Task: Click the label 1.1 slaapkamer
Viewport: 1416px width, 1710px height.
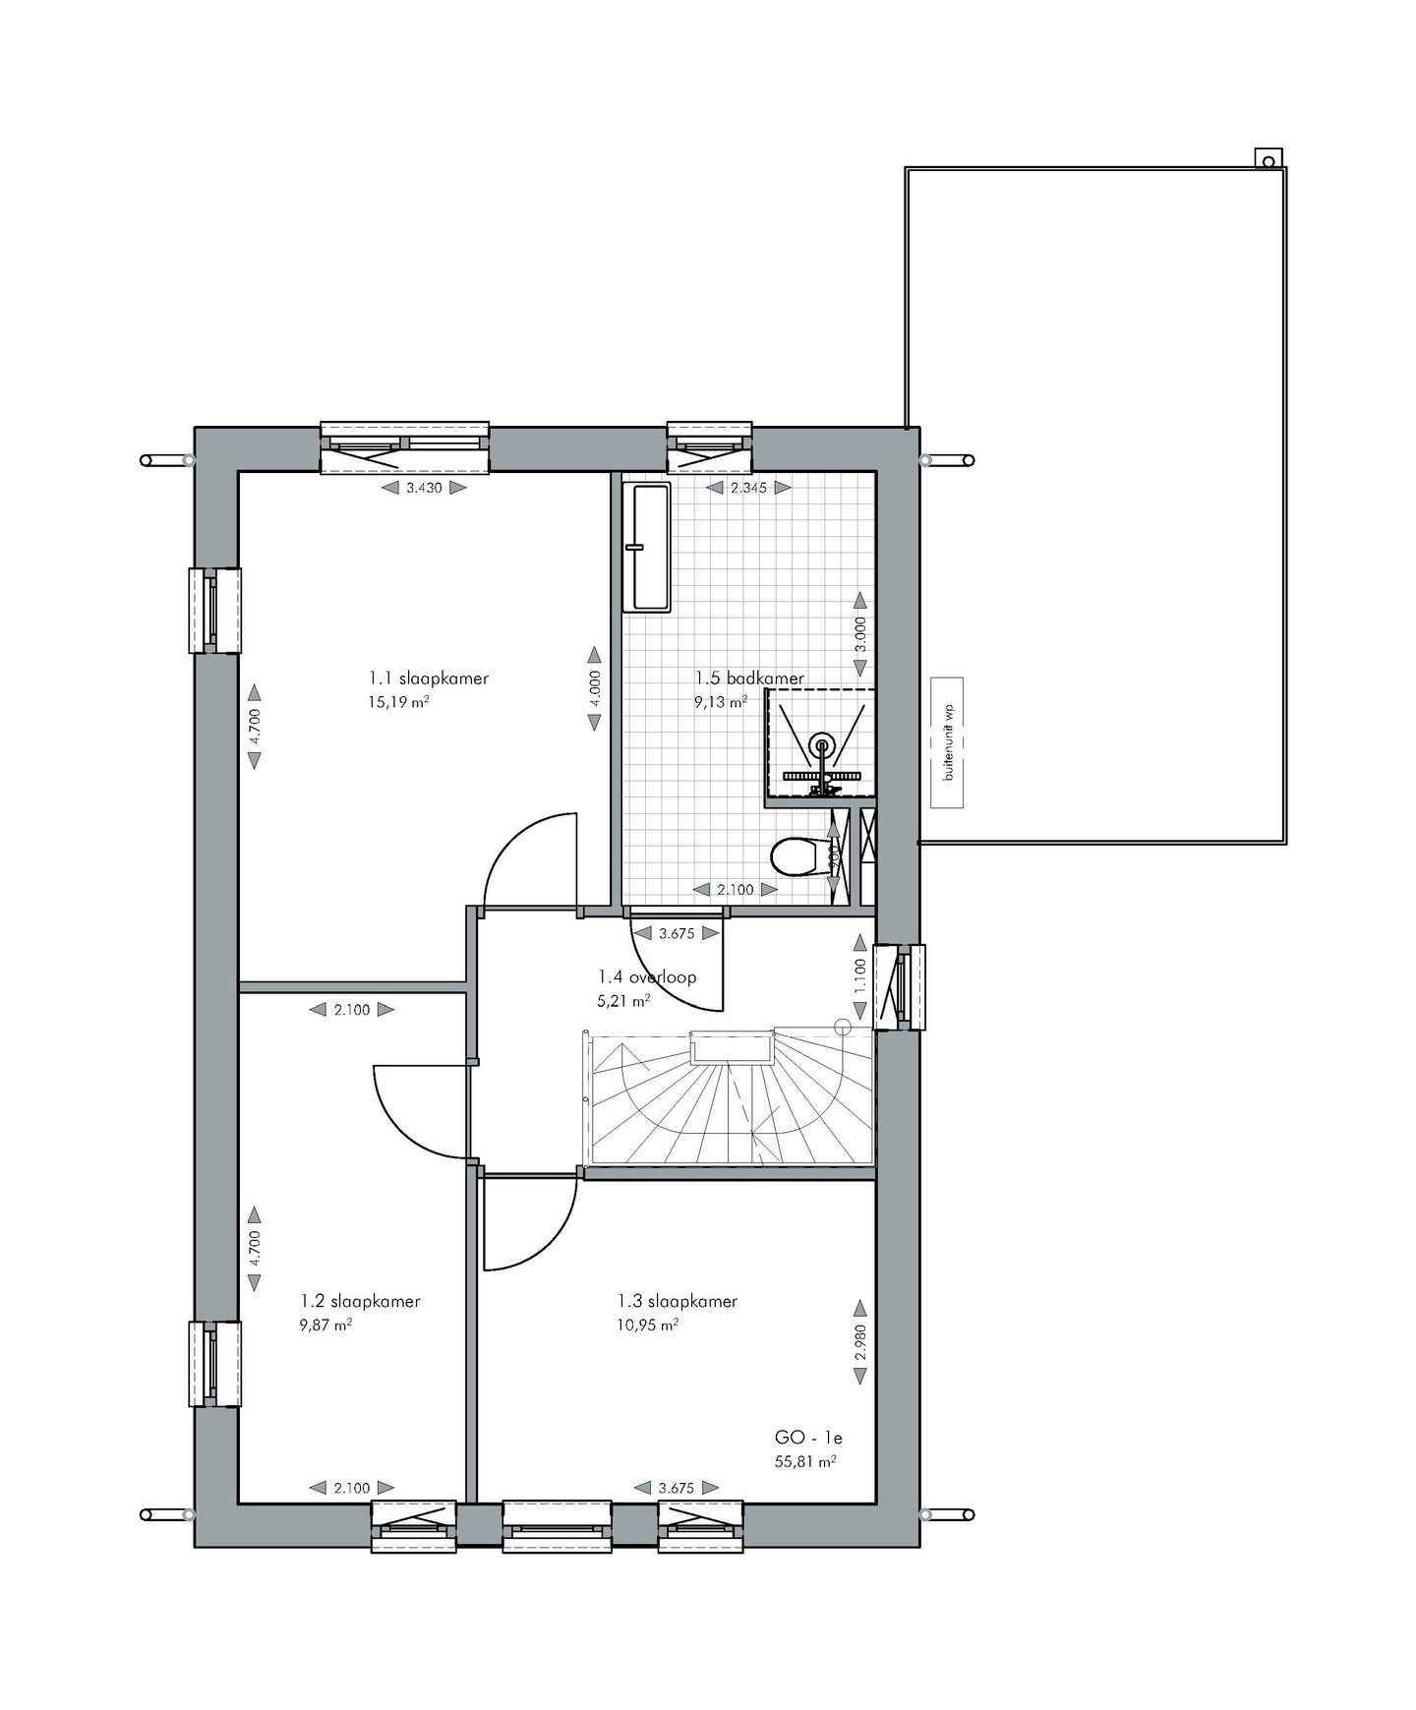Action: click(429, 678)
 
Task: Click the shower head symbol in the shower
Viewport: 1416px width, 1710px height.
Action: click(821, 744)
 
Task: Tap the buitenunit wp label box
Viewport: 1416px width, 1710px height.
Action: click(948, 742)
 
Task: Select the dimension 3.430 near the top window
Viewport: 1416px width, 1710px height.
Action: click(424, 487)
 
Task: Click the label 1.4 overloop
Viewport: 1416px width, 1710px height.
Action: click(647, 977)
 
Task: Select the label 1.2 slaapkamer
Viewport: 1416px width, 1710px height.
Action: click(360, 1301)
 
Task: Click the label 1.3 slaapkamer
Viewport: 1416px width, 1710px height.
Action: click(678, 1301)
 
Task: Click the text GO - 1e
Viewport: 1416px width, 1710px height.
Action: click(808, 1438)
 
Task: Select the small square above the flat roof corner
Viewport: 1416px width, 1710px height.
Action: click(1268, 159)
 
